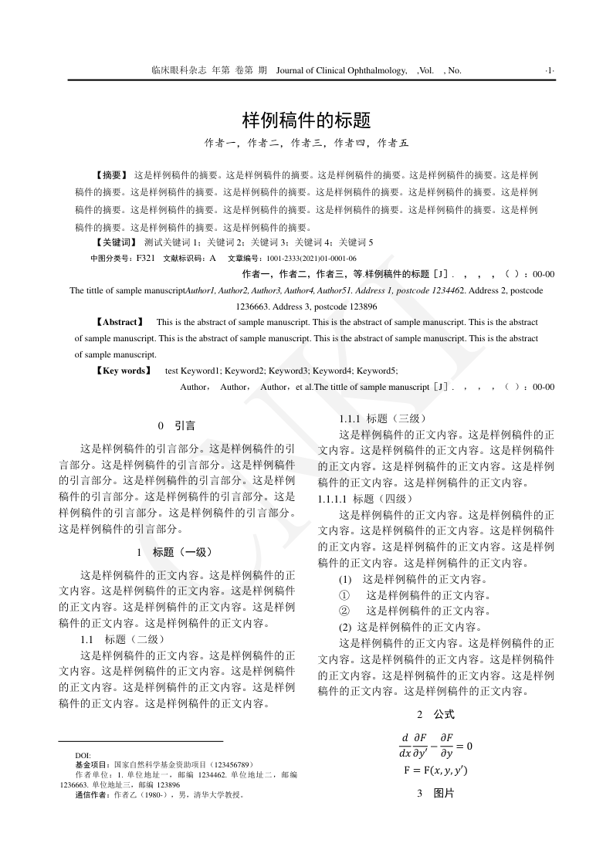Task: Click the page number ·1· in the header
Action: [x=550, y=70]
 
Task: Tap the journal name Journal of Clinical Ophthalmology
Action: [x=341, y=70]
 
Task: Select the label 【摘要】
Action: [x=111, y=175]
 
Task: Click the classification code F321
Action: [x=146, y=258]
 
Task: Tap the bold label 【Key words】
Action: [x=124, y=371]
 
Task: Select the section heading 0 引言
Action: [x=176, y=425]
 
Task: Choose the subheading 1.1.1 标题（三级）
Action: [x=378, y=418]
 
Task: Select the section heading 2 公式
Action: [x=435, y=714]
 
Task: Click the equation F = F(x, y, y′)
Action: [x=435, y=770]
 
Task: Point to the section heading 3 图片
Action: [x=435, y=793]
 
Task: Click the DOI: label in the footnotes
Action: [x=83, y=754]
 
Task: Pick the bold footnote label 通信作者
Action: [x=93, y=794]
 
